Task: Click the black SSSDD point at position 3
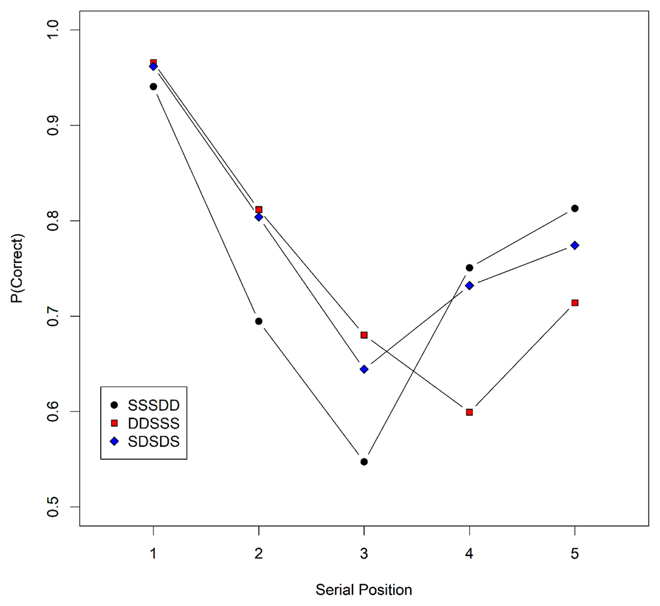[364, 462]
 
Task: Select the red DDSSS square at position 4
[469, 412]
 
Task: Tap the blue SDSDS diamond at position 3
[364, 369]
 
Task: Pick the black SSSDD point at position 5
[575, 208]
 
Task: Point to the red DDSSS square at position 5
[575, 303]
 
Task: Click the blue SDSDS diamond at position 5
[575, 245]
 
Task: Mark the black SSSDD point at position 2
[258, 321]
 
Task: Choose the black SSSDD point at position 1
[153, 86]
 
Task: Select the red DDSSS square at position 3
[364, 335]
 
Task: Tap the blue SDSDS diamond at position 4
[469, 286]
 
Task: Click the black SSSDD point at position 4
[469, 268]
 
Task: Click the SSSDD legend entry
[145, 405]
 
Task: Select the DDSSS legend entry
[145, 423]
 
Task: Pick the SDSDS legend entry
[145, 441]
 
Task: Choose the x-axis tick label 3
[364, 554]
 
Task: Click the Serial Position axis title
[364, 590]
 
